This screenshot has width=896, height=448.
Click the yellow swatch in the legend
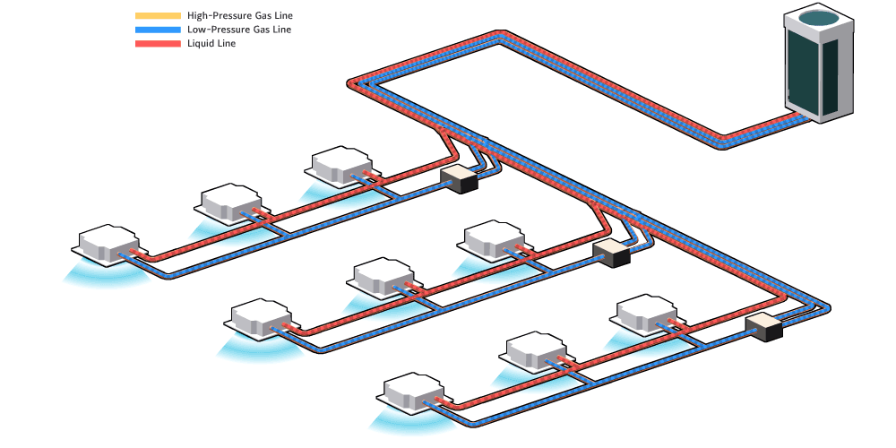pos(158,16)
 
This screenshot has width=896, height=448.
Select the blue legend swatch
pos(158,30)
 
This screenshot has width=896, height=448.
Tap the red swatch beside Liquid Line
pos(158,43)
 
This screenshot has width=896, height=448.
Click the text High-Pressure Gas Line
pos(240,16)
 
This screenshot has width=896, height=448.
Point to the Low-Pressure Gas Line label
pos(239,30)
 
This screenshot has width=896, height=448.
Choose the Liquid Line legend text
pos(212,43)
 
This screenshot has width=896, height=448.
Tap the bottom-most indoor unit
pos(413,393)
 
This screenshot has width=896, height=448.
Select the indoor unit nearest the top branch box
pos(340,166)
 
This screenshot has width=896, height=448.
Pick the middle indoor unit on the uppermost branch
pos(229,203)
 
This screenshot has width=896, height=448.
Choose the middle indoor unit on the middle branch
pos(383,278)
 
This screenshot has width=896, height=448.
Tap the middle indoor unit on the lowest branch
pos(535,353)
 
